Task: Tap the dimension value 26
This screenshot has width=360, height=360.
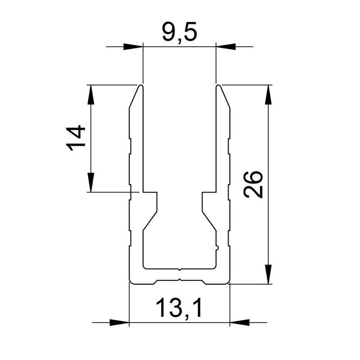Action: click(x=253, y=184)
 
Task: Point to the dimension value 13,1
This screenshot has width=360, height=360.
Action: click(x=179, y=309)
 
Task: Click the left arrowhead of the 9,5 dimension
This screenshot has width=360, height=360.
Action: click(x=133, y=46)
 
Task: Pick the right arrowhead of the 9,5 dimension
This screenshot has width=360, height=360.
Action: click(x=226, y=46)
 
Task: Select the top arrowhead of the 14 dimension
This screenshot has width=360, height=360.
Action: click(x=91, y=94)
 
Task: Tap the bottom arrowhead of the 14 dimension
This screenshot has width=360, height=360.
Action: click(x=91, y=183)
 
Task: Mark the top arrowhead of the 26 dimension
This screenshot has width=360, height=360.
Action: click(x=268, y=94)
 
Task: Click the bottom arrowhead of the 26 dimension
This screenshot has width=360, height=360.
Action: click(x=268, y=274)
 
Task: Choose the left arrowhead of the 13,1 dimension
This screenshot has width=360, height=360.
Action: click(x=119, y=322)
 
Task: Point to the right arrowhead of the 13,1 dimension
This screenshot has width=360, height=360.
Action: click(x=239, y=322)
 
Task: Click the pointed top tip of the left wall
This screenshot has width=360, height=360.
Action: click(x=141, y=85)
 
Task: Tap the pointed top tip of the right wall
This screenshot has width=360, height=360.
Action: click(x=218, y=85)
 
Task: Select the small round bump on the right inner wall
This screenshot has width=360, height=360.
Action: click(x=218, y=247)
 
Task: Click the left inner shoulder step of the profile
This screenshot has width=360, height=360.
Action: click(x=151, y=193)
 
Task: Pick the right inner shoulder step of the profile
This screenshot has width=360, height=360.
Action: click(x=208, y=193)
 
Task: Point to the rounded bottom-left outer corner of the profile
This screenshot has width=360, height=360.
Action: click(x=131, y=282)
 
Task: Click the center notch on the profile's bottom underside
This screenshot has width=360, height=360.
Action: click(x=180, y=280)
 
